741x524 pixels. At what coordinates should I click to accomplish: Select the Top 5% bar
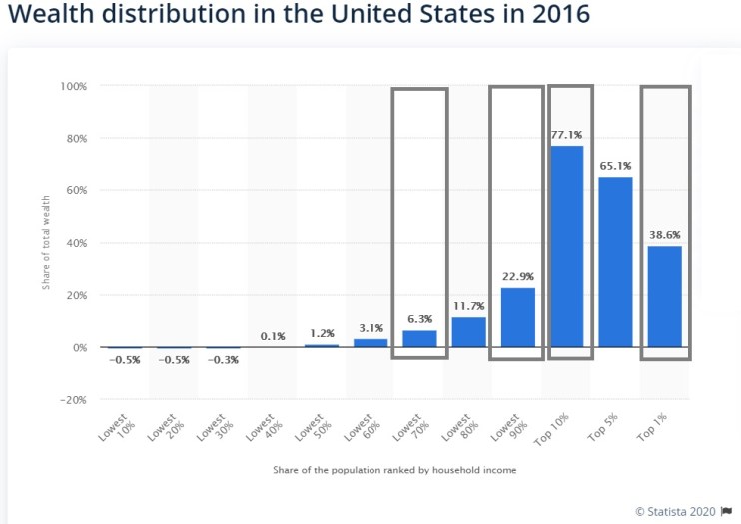pyautogui.click(x=615, y=262)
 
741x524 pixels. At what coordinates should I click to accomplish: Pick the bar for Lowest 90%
pyautogui.click(x=517, y=317)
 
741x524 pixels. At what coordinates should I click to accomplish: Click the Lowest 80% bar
pyautogui.click(x=468, y=332)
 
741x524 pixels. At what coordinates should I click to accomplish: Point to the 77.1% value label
pyautogui.click(x=566, y=134)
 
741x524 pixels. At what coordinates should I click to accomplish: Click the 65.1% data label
pyautogui.click(x=615, y=166)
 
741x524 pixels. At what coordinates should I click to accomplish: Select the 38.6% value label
pyautogui.click(x=664, y=235)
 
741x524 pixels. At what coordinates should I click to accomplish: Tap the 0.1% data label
pyautogui.click(x=273, y=336)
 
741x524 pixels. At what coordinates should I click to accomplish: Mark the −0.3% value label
pyautogui.click(x=224, y=360)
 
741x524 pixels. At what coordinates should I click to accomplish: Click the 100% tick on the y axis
pyautogui.click(x=74, y=87)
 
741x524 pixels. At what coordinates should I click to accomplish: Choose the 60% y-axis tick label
pyautogui.click(x=76, y=191)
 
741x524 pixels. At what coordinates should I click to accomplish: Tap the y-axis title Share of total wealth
pyautogui.click(x=45, y=244)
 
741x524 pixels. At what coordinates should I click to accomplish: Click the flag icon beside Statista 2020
pyautogui.click(x=726, y=511)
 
